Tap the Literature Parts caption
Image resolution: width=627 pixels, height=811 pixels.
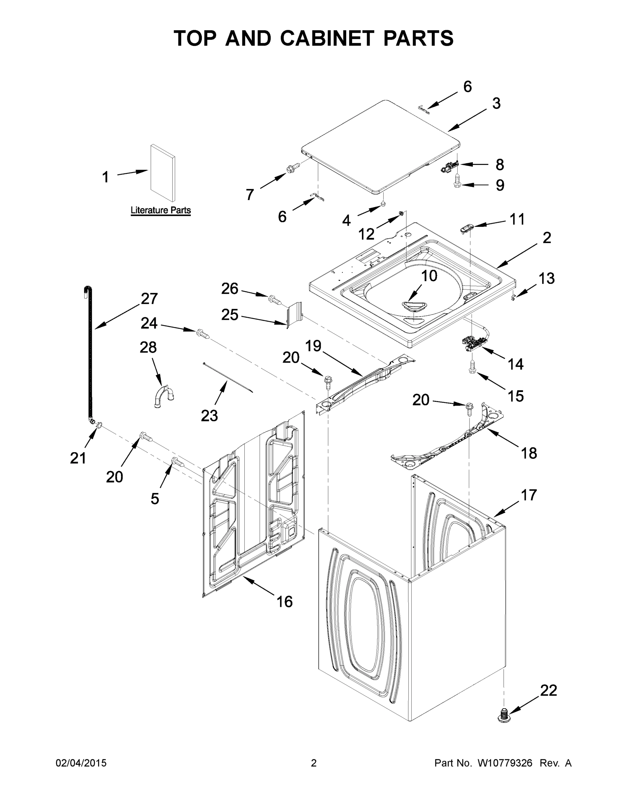pyautogui.click(x=161, y=210)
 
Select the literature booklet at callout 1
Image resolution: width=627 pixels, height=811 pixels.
pyautogui.click(x=163, y=173)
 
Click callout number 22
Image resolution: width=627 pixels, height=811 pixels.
pyautogui.click(x=549, y=690)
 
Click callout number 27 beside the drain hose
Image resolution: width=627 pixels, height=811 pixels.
pyautogui.click(x=149, y=299)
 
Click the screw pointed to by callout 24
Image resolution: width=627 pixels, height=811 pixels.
pyautogui.click(x=203, y=334)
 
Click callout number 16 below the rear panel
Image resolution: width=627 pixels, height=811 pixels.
pyautogui.click(x=285, y=601)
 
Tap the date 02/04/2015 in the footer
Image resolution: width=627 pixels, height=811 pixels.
pyautogui.click(x=81, y=763)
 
